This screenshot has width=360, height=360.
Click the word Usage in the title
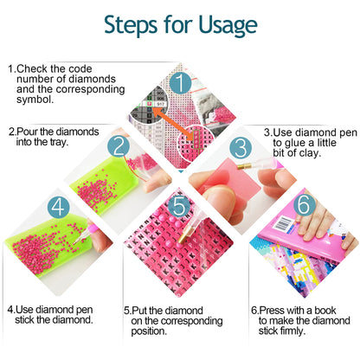tap(228, 26)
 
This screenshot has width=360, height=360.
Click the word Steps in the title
tap(131, 25)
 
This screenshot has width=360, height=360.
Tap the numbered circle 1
tap(180, 82)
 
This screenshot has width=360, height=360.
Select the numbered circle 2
tap(119, 146)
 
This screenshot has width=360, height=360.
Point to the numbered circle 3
tap(241, 148)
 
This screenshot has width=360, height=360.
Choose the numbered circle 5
tap(179, 206)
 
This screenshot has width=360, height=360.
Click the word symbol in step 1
tap(35, 100)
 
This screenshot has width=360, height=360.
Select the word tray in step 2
tap(59, 142)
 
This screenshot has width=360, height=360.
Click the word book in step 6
tap(325, 311)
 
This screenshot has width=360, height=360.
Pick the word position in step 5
tap(149, 331)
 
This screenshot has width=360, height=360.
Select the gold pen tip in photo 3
tap(244, 166)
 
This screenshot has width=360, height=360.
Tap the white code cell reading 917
tap(160, 104)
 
